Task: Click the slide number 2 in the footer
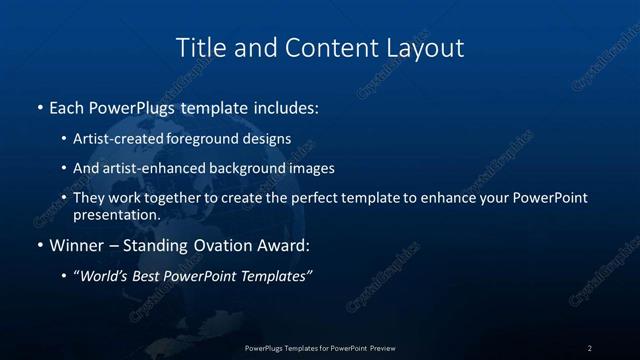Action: coord(589,348)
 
